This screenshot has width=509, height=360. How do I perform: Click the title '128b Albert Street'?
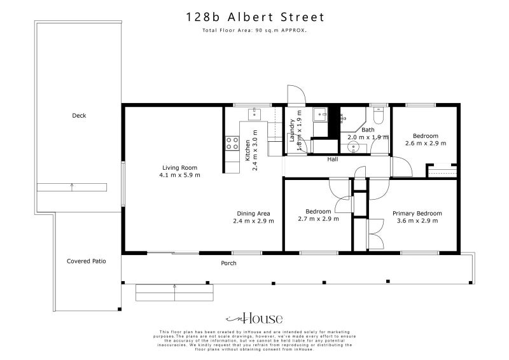tap(254, 17)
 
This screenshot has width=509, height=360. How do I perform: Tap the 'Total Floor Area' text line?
tap(254, 30)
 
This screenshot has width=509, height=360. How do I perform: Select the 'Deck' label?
tap(79, 116)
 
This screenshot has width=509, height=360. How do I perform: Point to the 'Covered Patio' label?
tap(87, 261)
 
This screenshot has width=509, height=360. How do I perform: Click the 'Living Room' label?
tap(179, 168)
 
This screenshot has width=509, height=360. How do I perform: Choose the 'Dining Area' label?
tap(253, 214)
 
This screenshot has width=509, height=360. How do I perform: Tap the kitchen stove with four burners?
tap(232, 144)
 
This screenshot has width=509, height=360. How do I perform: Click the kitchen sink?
tap(254, 113)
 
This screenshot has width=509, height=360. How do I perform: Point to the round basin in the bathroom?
tap(354, 148)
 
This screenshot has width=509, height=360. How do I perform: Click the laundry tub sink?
tap(319, 115)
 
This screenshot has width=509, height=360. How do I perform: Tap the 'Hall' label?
tap(332, 160)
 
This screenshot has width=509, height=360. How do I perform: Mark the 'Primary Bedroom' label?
tap(417, 214)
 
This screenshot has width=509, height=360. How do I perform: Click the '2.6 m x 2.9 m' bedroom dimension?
tap(425, 143)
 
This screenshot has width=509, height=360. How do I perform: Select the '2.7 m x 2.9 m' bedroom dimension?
tap(318, 219)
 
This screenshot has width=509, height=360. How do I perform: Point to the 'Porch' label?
tap(228, 263)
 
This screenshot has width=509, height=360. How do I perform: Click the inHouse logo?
tap(254, 319)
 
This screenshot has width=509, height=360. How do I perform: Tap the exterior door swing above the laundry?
tap(296, 95)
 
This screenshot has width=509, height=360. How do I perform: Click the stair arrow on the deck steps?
tap(72, 186)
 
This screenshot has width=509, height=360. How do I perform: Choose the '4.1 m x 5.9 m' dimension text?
tap(179, 175)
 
